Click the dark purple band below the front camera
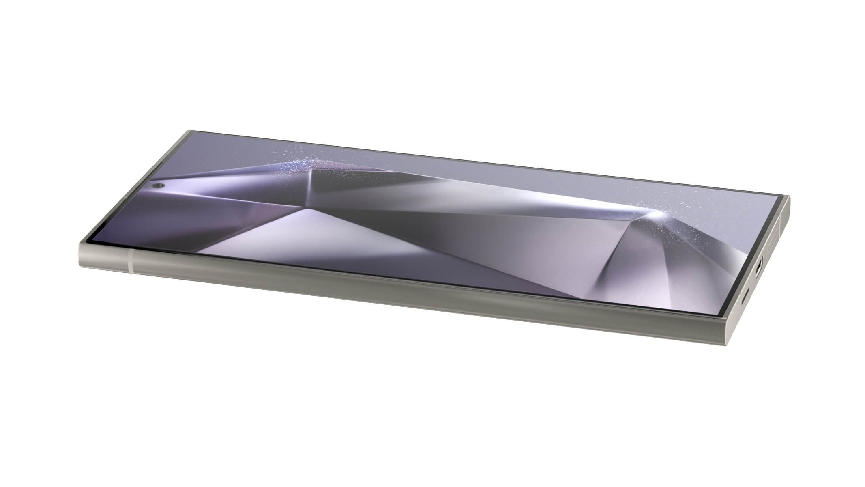pos(182,203)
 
